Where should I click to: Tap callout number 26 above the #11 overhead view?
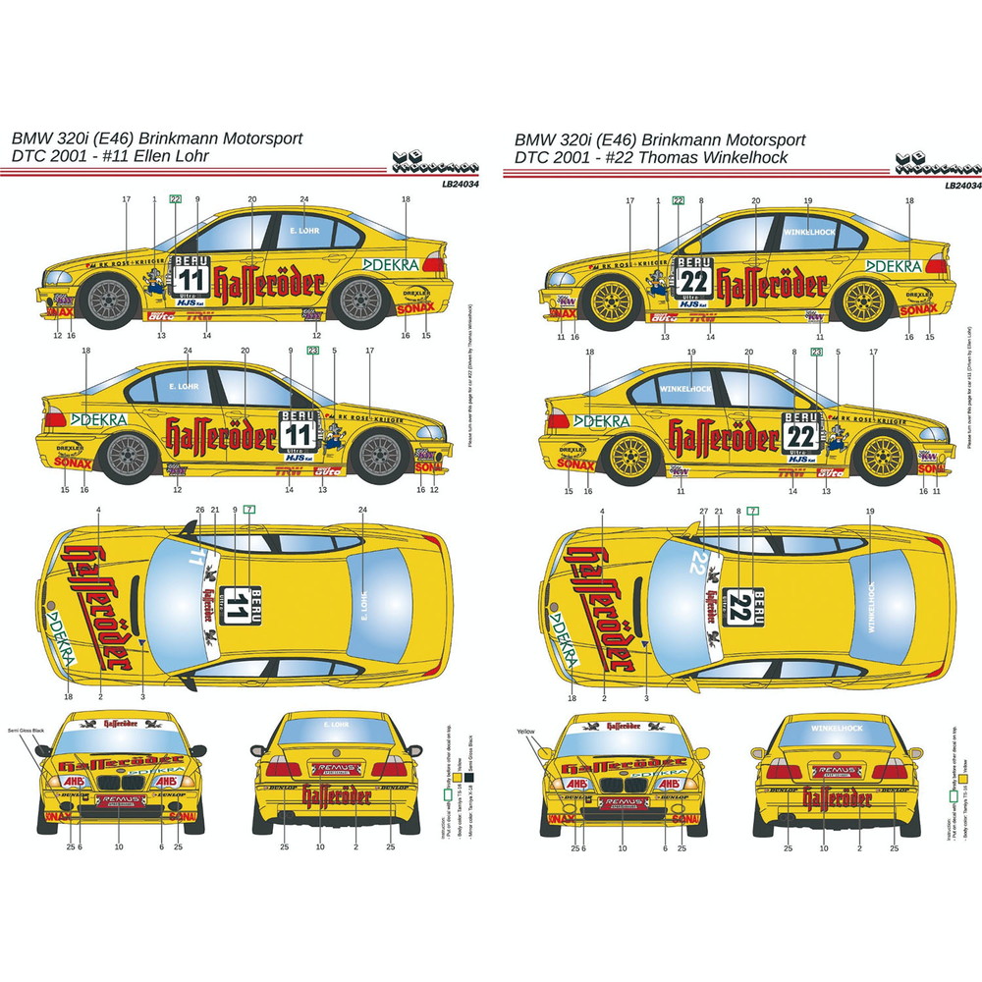pyautogui.click(x=200, y=510)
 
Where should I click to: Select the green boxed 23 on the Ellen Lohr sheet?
pyautogui.click(x=313, y=350)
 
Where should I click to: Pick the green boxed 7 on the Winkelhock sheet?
pyautogui.click(x=752, y=510)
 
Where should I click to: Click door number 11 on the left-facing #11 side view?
pyautogui.click(x=192, y=279)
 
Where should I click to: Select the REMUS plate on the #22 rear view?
pyautogui.click(x=836, y=772)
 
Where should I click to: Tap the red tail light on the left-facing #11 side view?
pyautogui.click(x=436, y=266)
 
